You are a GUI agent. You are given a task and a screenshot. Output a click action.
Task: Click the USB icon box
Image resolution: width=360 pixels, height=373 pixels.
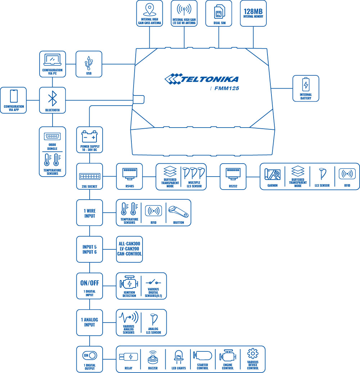click(89, 64)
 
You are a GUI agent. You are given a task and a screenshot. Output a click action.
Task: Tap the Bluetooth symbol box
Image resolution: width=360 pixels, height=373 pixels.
click(53, 100)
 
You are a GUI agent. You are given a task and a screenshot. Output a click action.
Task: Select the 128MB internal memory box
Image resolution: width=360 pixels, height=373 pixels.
click(253, 13)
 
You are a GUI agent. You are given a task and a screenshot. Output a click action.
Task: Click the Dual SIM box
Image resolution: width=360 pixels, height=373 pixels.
click(219, 13)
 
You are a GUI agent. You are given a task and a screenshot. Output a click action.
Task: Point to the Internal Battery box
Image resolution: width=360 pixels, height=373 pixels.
click(306, 88)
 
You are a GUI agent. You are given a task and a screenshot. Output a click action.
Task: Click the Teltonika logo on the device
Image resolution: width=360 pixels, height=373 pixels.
click(201, 79)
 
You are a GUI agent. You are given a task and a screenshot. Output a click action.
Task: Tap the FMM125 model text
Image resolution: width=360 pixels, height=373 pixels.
click(227, 88)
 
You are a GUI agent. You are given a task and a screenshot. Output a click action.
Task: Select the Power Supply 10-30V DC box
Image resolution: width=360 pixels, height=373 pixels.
click(90, 139)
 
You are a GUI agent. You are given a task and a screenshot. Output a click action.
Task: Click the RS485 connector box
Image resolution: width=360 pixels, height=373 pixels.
click(129, 176)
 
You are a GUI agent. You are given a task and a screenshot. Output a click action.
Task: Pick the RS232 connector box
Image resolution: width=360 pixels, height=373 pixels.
click(233, 176)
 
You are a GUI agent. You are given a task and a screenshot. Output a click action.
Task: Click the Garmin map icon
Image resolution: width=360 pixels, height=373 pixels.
click(273, 174)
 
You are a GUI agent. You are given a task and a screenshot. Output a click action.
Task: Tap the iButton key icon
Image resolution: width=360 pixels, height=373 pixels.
click(178, 211)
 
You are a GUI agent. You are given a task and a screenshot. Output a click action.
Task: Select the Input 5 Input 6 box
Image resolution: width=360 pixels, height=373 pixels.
click(90, 249)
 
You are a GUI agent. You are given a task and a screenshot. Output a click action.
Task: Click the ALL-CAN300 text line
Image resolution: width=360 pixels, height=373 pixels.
click(129, 244)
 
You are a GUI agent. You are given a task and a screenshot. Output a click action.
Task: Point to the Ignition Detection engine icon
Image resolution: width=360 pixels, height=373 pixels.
click(129, 283)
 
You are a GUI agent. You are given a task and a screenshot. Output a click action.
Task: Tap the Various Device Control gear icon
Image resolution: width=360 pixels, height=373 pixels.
click(253, 353)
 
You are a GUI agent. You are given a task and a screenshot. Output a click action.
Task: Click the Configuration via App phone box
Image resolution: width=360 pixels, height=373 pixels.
click(14, 100)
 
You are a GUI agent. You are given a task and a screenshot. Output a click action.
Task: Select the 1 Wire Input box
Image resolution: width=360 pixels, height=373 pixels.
click(90, 213)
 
